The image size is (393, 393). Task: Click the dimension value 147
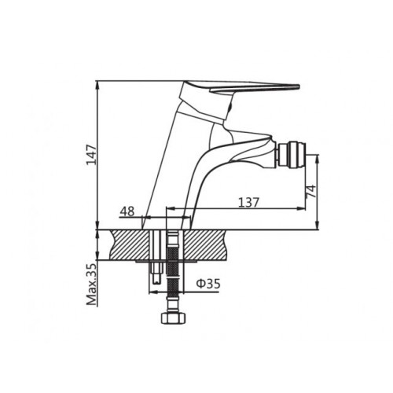pos(92,154)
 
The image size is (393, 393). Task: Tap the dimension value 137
pos(248,202)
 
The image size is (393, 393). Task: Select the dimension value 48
pos(127,211)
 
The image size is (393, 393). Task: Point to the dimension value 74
pos(311,191)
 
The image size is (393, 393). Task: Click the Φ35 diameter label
pos(208,284)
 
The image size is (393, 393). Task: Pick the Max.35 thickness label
pos(92,285)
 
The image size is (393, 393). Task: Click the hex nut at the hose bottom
pos(173,318)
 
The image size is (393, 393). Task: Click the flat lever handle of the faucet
pos(254,87)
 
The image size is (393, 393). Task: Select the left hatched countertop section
pos(130,245)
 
